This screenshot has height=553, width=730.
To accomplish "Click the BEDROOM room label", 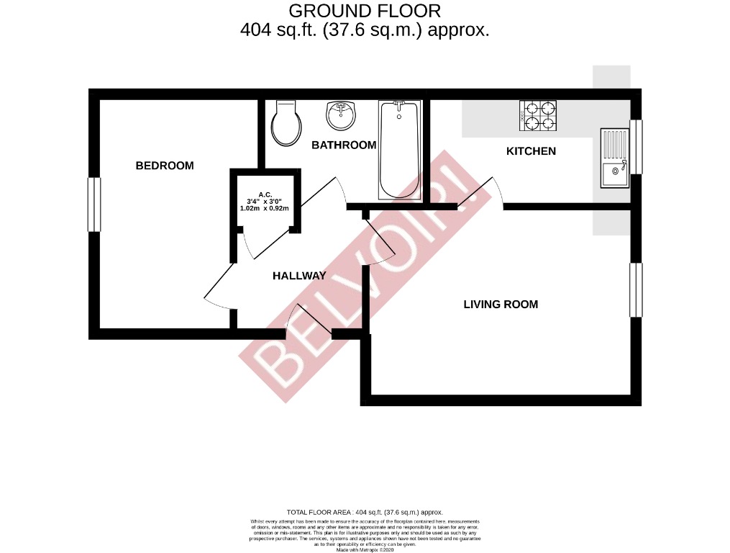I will pos(165,166).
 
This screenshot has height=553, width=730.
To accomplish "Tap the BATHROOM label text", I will pos(343,145).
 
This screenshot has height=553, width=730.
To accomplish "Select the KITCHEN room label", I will pos(531,151).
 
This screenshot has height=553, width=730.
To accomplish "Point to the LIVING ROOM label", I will pos(501,304).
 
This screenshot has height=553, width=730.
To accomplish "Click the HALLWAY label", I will pos(298,276).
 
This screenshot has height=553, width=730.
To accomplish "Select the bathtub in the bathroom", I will pos(398,149).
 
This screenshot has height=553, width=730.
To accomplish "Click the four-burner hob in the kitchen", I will pos(538,116).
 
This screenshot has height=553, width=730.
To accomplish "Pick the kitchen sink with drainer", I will pos(613,158).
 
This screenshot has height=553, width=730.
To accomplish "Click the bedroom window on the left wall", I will pos(93,204).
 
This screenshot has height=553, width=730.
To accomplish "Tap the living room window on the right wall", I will pos(635,289).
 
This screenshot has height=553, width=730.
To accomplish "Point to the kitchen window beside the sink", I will pos(636,147).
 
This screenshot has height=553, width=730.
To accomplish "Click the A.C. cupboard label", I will pos(264,194).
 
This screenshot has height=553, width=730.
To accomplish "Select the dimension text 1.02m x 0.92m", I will pos(264,209).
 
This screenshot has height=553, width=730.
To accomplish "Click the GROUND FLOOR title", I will pos(364,11).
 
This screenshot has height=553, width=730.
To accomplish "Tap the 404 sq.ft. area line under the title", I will pos(364,30).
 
